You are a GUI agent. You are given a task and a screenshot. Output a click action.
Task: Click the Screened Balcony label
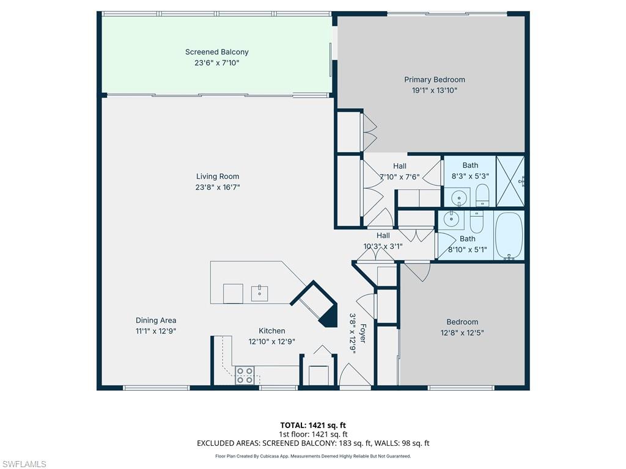(217, 52)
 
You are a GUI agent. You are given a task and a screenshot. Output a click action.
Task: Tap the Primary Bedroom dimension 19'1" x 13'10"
(435, 90)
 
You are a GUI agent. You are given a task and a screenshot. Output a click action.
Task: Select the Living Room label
(218, 176)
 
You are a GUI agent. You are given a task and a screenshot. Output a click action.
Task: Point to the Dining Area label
(156, 320)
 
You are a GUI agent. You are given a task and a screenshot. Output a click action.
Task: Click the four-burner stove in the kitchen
(245, 375)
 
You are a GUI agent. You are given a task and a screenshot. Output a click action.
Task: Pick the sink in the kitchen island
(259, 293)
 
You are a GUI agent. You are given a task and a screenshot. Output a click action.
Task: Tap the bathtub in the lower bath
(509, 235)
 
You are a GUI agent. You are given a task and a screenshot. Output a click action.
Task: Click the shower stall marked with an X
(510, 181)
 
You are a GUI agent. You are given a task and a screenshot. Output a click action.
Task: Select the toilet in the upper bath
(483, 195)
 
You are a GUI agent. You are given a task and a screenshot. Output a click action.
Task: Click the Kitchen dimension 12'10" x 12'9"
(271, 342)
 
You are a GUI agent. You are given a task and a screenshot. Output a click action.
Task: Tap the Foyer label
(363, 333)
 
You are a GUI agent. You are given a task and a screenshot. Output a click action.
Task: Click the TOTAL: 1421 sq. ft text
(313, 425)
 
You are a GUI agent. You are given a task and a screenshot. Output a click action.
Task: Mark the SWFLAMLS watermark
(23, 464)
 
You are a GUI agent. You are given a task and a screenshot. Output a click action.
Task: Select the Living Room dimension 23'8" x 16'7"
(218, 187)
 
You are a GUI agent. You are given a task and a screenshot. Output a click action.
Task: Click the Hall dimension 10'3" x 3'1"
(383, 247)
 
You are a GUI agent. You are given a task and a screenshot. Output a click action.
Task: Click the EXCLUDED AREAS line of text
(313, 443)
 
